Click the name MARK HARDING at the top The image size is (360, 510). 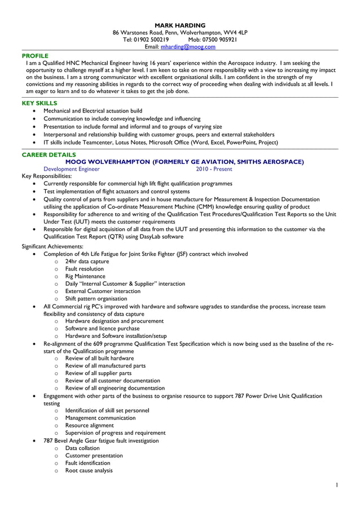(180, 25)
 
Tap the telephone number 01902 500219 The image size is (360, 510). (151, 40)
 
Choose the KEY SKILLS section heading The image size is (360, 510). (39, 103)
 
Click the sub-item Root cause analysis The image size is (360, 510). (89, 470)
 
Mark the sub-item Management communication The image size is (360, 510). (100, 418)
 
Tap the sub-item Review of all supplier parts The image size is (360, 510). (98, 373)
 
